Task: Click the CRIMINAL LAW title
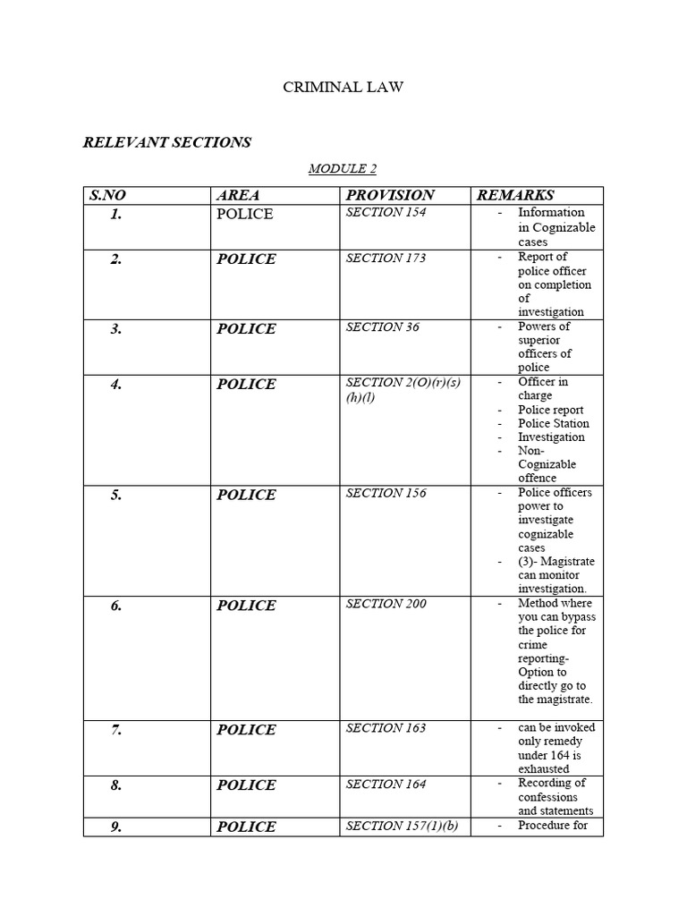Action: point(343,87)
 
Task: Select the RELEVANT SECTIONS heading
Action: point(167,142)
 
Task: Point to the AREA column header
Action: point(238,195)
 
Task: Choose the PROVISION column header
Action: point(390,195)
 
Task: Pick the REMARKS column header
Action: point(515,195)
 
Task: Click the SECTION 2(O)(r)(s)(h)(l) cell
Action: point(403,390)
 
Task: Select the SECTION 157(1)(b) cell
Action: point(402,826)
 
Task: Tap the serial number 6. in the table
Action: point(116,606)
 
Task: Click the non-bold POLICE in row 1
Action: point(245,214)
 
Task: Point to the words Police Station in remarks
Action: point(554,423)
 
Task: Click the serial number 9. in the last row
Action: point(116,827)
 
